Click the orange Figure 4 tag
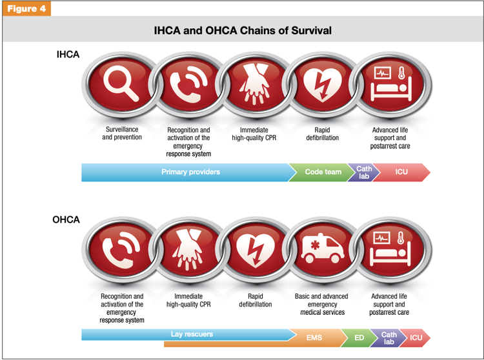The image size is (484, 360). tap(26, 8)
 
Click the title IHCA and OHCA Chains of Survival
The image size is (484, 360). tap(243, 30)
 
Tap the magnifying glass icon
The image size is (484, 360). tap(121, 83)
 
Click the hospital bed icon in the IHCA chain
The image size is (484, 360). tap(392, 84)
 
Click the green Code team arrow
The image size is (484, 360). tap(321, 172)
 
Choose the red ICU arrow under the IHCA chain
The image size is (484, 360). tap(401, 172)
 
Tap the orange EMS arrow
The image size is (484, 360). tap(314, 338)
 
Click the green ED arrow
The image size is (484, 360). tap(359, 338)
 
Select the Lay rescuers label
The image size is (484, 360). tap(192, 334)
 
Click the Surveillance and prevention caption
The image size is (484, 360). tap(122, 134)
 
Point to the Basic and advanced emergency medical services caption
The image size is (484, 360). tap(321, 304)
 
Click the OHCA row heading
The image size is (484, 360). tap(66, 219)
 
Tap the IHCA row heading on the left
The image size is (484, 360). tap(68, 54)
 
